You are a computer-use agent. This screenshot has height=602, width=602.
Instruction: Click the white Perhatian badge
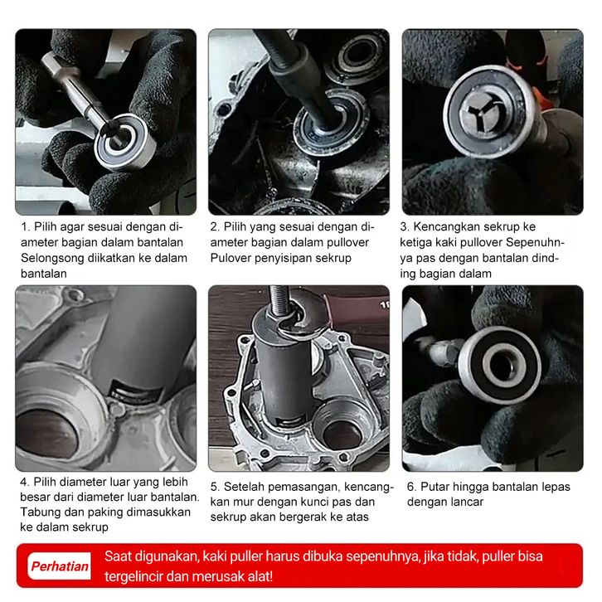click(x=59, y=566)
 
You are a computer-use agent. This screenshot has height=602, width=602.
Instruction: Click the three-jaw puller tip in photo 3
click(x=486, y=110)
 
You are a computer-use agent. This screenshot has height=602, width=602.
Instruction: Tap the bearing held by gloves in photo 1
click(x=124, y=142)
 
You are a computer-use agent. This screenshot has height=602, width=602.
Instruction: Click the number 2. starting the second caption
click(x=215, y=227)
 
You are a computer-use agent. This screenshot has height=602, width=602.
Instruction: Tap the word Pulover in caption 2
click(x=229, y=259)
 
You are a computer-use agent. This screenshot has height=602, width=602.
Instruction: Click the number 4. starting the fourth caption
click(x=25, y=483)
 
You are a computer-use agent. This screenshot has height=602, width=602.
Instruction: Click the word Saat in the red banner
click(x=118, y=556)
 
